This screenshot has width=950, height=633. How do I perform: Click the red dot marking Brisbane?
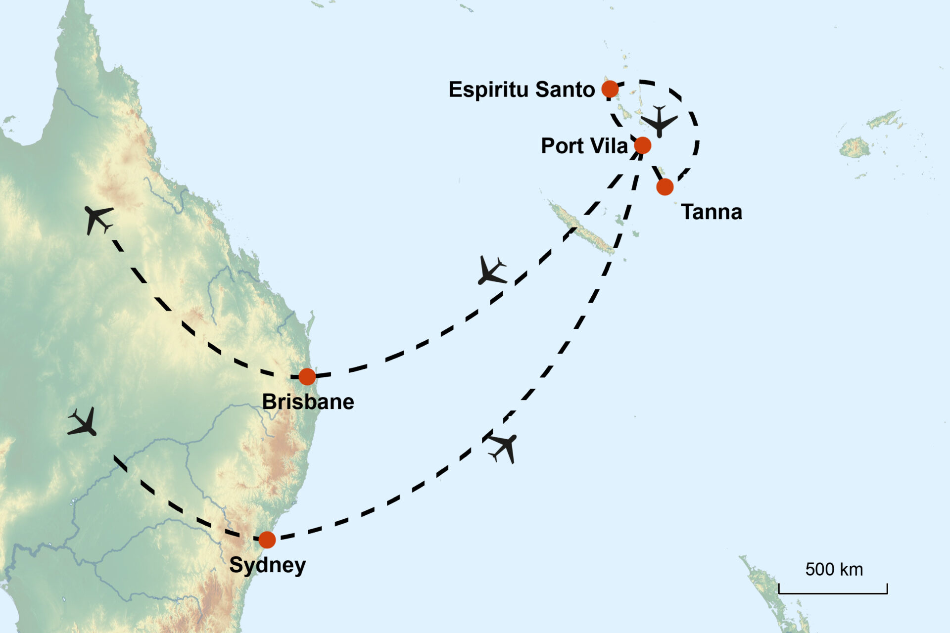click(307, 376)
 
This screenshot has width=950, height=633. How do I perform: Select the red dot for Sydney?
click(267, 540)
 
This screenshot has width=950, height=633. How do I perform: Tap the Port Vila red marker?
click(642, 145)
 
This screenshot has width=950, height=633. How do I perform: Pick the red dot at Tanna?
click(665, 187)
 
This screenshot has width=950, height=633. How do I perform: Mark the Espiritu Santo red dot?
click(610, 89)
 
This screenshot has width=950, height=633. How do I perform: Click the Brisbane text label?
click(308, 402)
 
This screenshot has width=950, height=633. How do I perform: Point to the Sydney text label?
click(267, 565)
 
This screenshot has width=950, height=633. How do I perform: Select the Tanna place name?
click(712, 212)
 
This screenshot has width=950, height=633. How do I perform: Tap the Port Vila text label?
click(584, 146)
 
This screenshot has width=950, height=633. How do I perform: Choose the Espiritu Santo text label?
click(522, 90)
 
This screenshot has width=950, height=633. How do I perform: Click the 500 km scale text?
click(834, 569)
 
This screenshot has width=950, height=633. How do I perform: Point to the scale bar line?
click(833, 592)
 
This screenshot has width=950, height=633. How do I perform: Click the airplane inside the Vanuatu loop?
click(659, 121)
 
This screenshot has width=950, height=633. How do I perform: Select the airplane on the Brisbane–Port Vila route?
click(491, 271)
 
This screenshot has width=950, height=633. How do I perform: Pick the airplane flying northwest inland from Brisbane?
click(98, 219)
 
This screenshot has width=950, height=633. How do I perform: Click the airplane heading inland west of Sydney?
click(83, 422)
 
